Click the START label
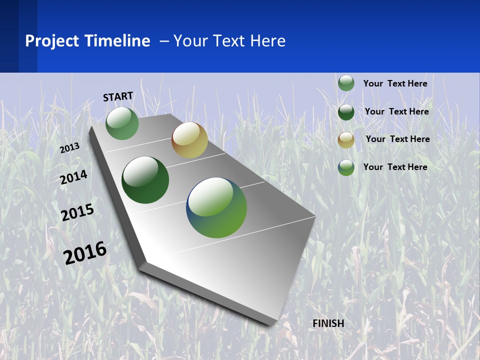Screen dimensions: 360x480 tap(118, 96)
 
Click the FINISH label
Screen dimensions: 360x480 tap(328, 323)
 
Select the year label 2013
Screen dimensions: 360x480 tap(69, 147)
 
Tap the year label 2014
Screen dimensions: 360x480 tap(73, 177)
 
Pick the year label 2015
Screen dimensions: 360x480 tap(77, 212)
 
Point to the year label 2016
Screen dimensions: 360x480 tap(85, 252)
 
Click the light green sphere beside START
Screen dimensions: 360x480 tap(122, 123)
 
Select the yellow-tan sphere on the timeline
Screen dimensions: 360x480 tap(189, 140)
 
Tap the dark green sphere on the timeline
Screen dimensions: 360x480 tap(145, 180)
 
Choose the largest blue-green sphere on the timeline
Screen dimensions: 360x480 tap(216, 207)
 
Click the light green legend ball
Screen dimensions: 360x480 tap(346, 83)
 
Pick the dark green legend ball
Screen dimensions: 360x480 tap(346, 112)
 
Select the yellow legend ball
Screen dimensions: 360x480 tap(346, 140)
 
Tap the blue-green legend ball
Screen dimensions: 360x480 tap(346, 167)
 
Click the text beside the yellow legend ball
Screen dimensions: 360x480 tap(397, 139)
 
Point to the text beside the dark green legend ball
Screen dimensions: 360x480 tap(396, 111)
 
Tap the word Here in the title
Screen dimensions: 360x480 tap(267, 41)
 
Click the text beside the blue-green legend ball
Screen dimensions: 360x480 tap(395, 167)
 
